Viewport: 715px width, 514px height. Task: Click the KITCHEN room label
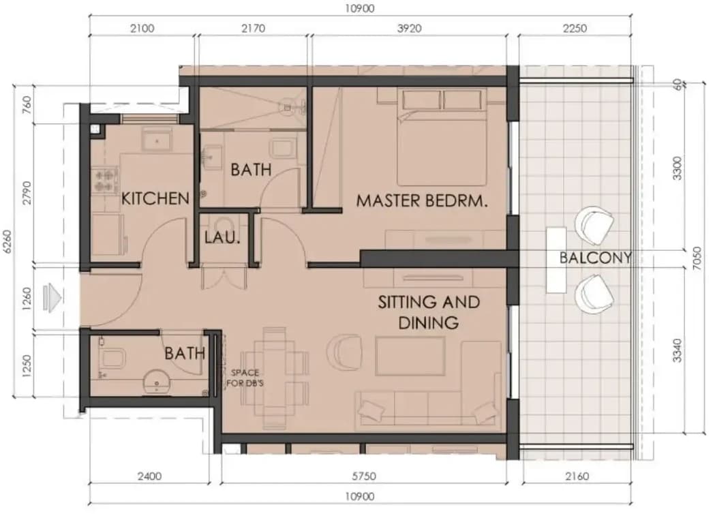155,198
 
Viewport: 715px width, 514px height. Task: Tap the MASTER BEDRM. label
422,200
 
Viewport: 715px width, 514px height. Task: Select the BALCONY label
596,258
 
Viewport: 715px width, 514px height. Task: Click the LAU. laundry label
222,237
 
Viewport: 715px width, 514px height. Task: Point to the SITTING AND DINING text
429,312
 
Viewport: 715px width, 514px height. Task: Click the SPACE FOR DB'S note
245,378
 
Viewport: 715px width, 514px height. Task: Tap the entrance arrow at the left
52,299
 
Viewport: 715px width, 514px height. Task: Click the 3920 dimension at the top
409,28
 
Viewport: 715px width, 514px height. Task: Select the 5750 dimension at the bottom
364,477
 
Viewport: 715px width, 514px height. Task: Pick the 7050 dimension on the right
697,258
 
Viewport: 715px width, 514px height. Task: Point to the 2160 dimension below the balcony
577,477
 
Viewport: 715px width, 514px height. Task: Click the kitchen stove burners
106,181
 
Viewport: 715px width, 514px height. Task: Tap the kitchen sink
157,140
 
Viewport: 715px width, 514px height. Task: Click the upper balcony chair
594,224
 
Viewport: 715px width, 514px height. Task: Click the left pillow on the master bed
421,100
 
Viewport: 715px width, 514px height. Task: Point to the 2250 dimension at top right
575,28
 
